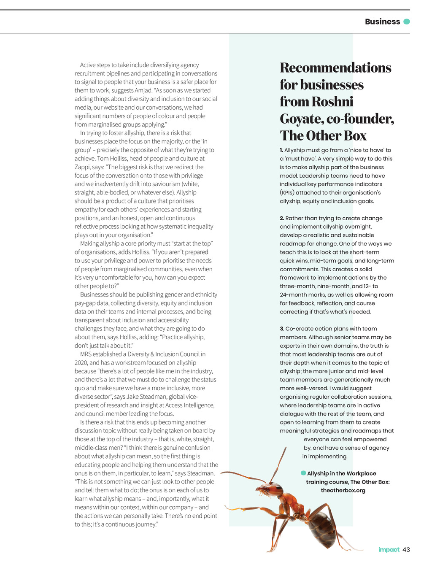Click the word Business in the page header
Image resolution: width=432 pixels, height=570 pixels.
pos(382,22)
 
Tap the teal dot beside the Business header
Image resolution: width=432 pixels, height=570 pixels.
pos(407,22)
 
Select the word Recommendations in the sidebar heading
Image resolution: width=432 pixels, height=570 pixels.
pos(335,68)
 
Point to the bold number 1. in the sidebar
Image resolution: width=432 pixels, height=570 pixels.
pos(281,150)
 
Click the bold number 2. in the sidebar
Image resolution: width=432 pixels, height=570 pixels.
pos(282,218)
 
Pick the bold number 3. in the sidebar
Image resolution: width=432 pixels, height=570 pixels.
pos(282,329)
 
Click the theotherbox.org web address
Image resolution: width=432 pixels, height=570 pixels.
pos(343,490)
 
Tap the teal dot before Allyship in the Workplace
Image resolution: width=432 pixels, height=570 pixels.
pos(303,473)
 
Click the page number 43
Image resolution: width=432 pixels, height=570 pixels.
pos(406,549)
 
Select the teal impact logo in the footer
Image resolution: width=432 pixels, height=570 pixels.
pos(389,549)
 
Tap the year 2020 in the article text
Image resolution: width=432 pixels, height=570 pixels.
pos(81,363)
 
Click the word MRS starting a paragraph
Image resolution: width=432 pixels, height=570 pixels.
pos(86,354)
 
